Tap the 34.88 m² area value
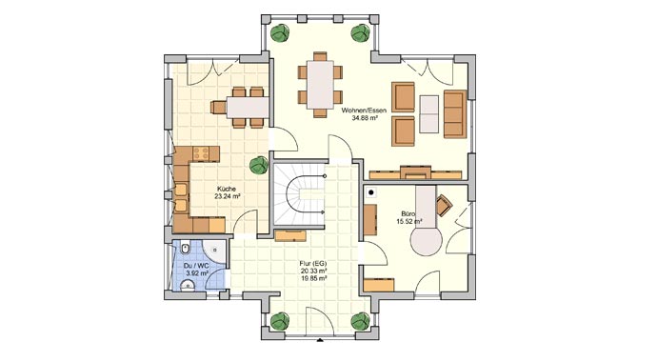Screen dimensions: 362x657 (363, 121)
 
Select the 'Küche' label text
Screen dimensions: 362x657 (227, 188)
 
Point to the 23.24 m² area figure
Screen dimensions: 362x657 (227, 196)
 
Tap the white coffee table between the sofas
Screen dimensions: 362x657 (430, 112)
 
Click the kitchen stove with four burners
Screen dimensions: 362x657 (202, 152)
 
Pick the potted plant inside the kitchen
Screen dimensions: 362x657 (257, 166)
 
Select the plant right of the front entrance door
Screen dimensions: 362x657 (360, 322)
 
